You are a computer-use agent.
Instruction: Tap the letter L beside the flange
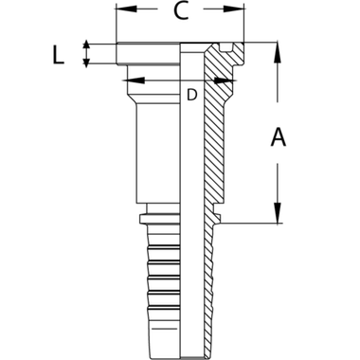(x=61, y=57)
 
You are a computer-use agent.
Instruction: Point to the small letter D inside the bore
(x=192, y=93)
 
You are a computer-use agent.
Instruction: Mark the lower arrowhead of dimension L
(x=86, y=63)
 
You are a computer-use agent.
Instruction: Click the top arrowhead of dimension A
(x=278, y=48)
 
